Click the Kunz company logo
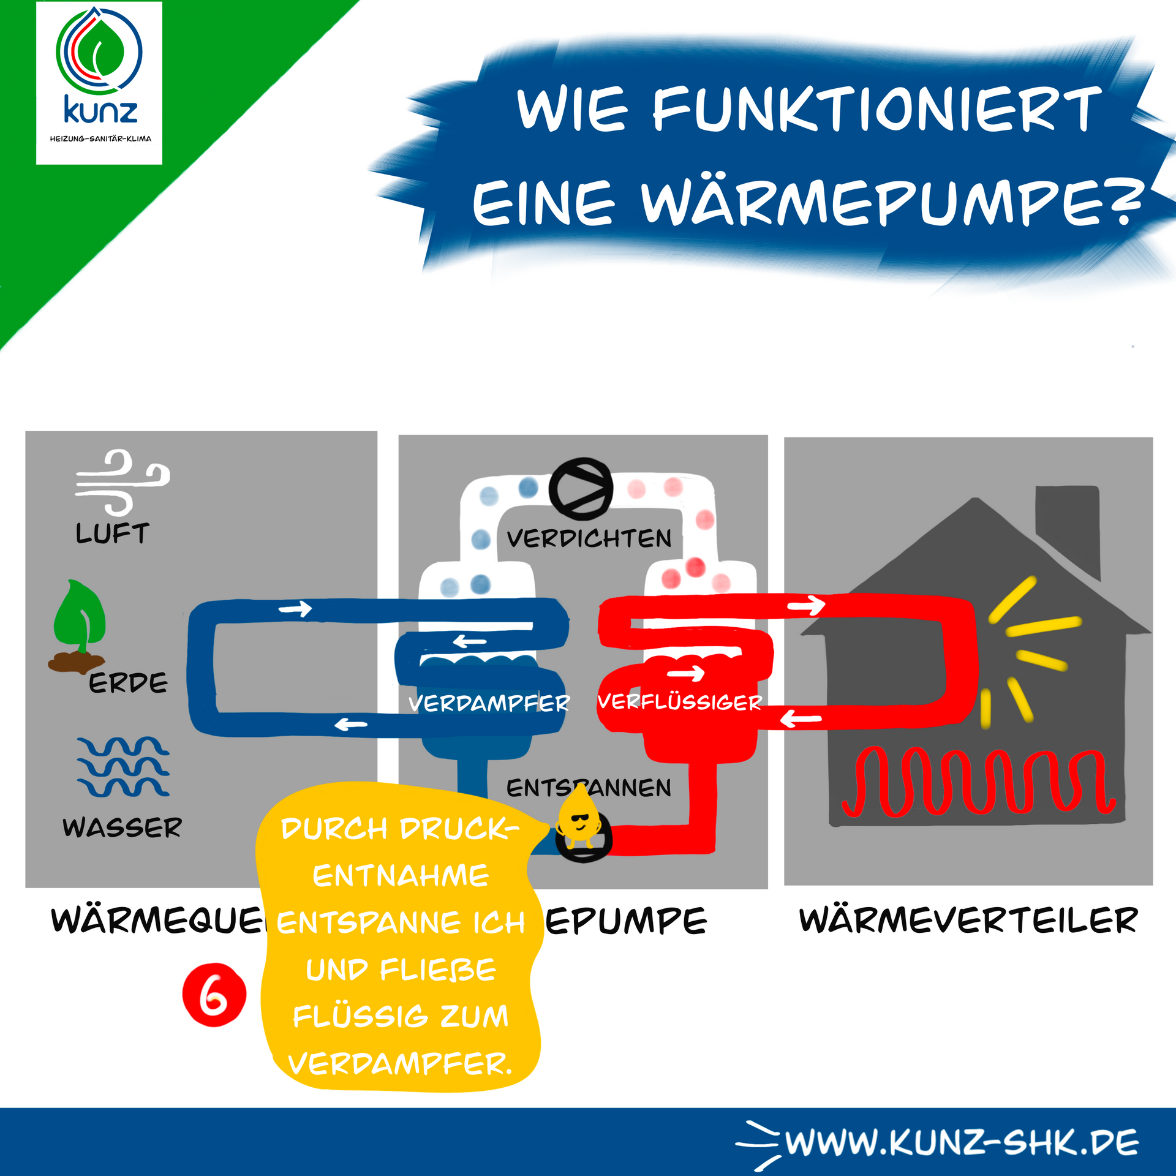(99, 83)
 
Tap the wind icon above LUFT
(121, 482)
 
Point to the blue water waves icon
(123, 766)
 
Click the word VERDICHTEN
(589, 539)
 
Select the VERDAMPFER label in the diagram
(488, 703)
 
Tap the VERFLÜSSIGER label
(679, 702)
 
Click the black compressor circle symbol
(581, 489)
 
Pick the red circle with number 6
(214, 995)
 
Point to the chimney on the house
(1067, 530)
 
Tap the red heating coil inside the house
(978, 782)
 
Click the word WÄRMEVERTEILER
(968, 921)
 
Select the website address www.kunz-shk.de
(962, 1142)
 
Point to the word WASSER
(122, 827)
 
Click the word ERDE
(128, 683)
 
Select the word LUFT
(112, 533)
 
